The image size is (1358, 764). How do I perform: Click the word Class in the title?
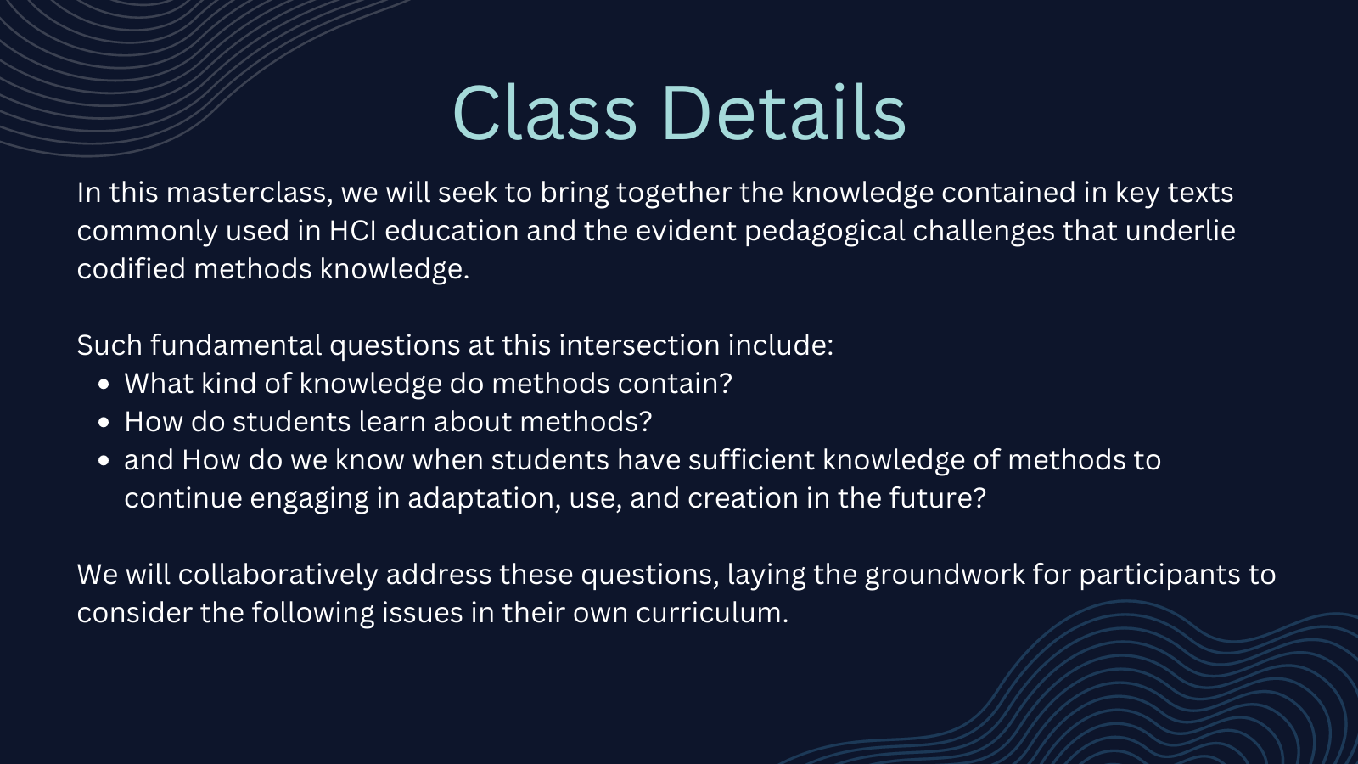(545, 113)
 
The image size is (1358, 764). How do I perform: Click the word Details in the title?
(785, 113)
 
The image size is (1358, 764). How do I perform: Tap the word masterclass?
(250, 193)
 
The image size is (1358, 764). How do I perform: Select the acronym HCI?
(353, 231)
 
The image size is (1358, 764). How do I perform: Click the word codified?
(131, 269)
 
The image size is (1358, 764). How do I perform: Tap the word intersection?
(639, 345)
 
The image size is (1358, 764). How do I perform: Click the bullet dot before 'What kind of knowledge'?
(104, 384)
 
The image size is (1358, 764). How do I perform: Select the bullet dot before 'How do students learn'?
(104, 422)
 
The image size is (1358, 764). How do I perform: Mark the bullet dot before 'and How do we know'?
(104, 460)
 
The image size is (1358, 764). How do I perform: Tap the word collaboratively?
(278, 576)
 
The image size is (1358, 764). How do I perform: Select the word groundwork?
(945, 576)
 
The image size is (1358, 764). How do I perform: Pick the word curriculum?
(712, 613)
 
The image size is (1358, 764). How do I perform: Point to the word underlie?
(1181, 231)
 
